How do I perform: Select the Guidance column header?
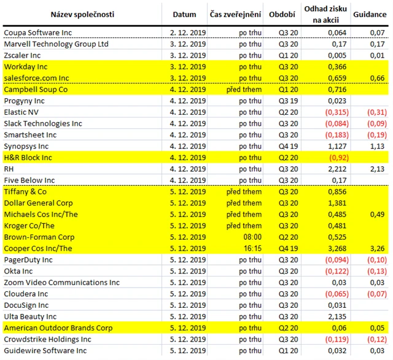coord(368,14)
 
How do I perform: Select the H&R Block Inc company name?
coord(29,158)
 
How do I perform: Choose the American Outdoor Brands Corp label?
coord(58,327)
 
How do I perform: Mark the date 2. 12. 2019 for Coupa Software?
coord(184,33)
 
